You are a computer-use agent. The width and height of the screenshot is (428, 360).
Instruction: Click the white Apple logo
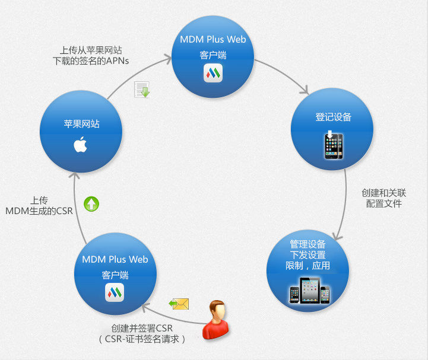click(x=81, y=144)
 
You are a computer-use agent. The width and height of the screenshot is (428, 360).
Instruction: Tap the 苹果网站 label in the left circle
click(x=81, y=124)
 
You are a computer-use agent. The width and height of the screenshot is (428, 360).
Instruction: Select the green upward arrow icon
click(x=91, y=204)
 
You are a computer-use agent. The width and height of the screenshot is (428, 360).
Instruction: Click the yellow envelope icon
click(x=179, y=304)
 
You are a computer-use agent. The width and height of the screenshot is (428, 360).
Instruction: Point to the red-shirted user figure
click(x=215, y=320)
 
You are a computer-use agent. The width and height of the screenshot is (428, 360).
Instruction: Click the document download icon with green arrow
click(x=142, y=89)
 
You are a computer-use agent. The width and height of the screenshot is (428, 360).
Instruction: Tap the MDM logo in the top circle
click(x=213, y=73)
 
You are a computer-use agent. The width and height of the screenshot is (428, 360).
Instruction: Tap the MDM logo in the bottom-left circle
click(x=115, y=292)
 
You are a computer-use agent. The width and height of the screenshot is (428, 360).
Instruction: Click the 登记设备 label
click(x=333, y=117)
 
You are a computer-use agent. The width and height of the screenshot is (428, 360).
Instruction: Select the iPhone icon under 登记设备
click(x=334, y=145)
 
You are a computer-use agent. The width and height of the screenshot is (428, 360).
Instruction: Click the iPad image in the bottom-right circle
click(x=310, y=290)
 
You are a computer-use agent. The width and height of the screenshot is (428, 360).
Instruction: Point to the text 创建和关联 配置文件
click(x=384, y=198)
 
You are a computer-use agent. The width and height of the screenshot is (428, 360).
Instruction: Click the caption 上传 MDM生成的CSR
click(x=39, y=206)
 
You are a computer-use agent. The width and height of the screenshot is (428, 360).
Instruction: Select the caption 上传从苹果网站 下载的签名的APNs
click(x=91, y=55)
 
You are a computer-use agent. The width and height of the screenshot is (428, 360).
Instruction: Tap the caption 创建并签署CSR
click(x=142, y=328)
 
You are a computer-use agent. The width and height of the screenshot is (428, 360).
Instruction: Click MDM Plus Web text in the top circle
click(x=213, y=39)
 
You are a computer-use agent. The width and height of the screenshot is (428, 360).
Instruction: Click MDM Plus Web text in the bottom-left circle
click(x=115, y=259)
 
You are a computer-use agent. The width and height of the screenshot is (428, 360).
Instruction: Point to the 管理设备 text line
click(x=307, y=244)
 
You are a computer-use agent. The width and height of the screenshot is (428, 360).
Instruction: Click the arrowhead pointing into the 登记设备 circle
click(x=305, y=90)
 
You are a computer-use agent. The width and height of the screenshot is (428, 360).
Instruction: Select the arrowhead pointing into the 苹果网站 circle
click(x=74, y=176)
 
